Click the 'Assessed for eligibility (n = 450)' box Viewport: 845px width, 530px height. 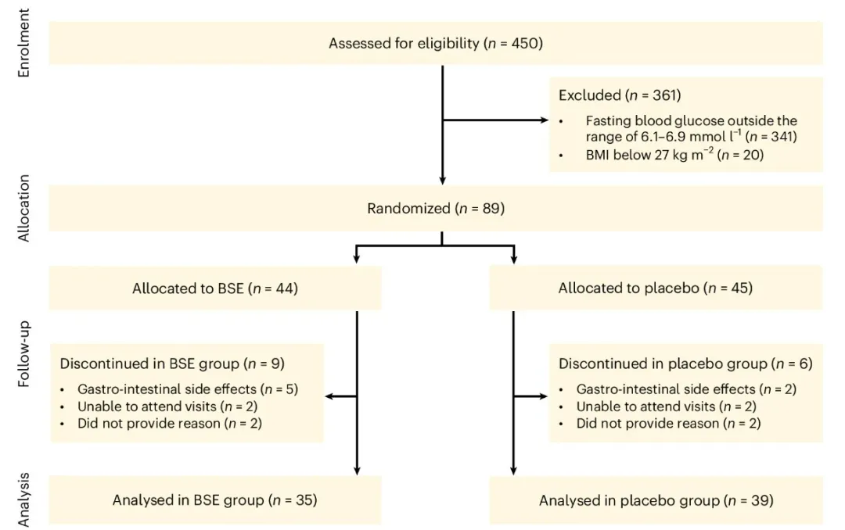[436, 43]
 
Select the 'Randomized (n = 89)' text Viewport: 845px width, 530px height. [436, 209]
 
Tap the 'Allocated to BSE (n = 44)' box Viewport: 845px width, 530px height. [215, 288]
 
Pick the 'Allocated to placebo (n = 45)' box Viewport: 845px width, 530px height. [656, 288]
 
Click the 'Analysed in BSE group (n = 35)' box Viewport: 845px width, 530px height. [215, 500]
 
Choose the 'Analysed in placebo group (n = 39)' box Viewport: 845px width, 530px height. [656, 500]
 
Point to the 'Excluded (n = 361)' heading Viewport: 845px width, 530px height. [620, 95]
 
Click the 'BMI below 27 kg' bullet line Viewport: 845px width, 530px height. [674, 155]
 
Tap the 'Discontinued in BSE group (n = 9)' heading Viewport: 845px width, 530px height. [172, 363]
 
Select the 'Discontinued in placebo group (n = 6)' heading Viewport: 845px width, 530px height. [685, 363]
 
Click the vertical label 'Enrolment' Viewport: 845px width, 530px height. [23, 43]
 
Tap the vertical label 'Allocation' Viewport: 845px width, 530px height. [23, 209]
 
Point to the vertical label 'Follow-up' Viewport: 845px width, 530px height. [23, 354]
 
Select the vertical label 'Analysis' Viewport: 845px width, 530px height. [23, 500]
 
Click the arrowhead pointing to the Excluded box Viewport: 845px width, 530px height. [545, 120]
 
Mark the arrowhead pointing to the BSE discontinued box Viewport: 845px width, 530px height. [329, 396]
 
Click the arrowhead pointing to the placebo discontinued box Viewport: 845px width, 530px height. [543, 396]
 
